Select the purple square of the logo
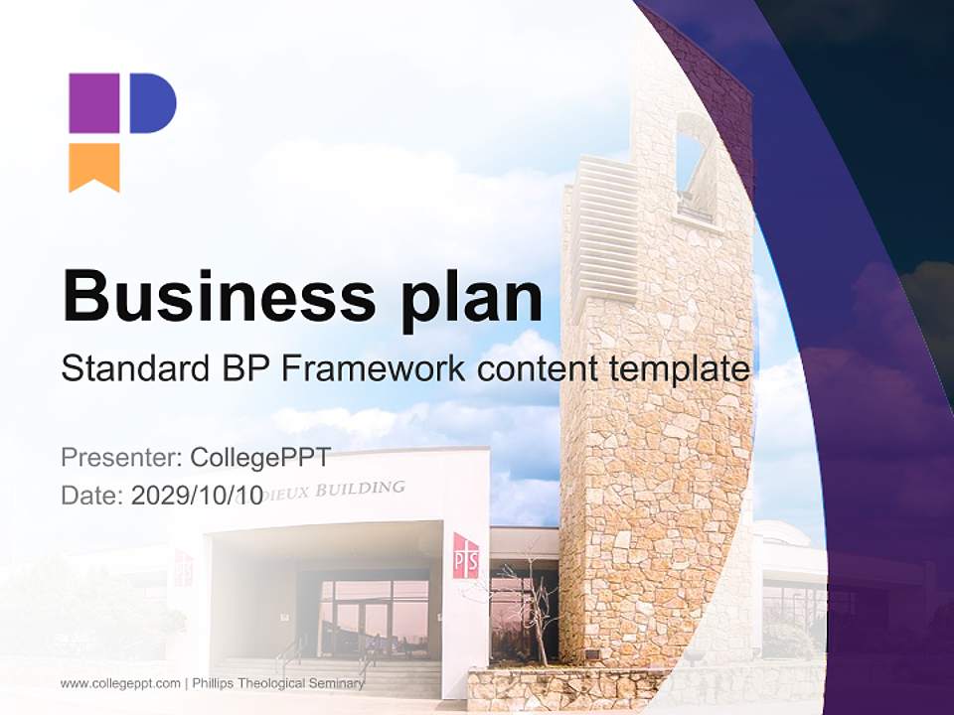click(x=93, y=103)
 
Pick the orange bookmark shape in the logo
click(x=93, y=166)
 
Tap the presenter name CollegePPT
click(x=260, y=458)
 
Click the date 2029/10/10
click(x=197, y=496)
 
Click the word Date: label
click(x=92, y=496)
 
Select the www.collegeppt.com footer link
click(x=120, y=683)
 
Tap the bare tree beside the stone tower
click(x=526, y=606)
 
